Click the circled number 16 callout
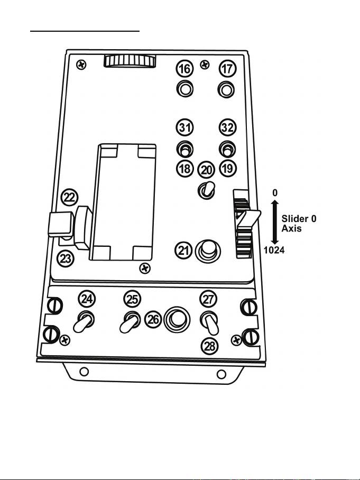184,69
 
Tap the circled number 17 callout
227,69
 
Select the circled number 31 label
184,128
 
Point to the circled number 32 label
227,128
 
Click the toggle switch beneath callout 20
206,190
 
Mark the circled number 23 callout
65,259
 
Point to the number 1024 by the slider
275,250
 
